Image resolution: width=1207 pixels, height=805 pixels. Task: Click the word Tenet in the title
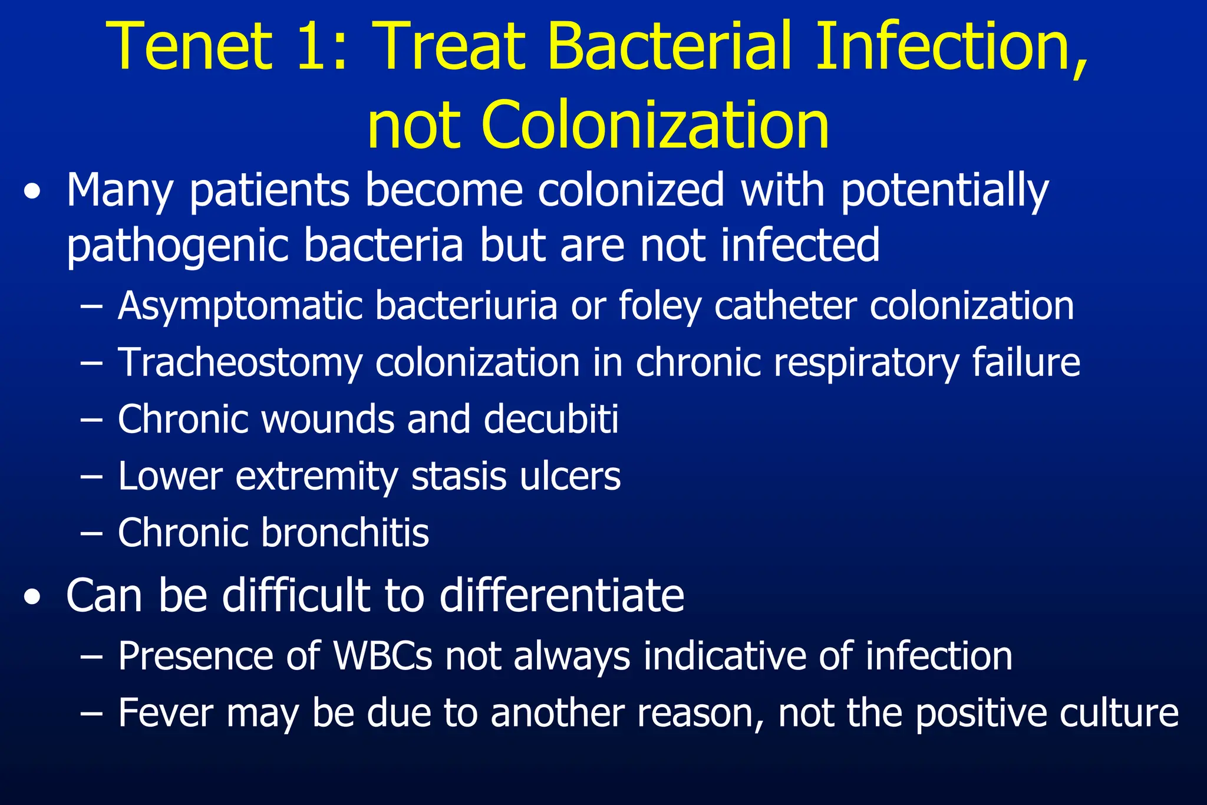(192, 47)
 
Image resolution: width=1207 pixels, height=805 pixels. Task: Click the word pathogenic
(177, 246)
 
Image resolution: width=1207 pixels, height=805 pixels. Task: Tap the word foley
(660, 306)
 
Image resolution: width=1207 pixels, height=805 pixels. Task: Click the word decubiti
(551, 419)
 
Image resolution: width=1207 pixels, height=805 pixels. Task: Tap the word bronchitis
(345, 533)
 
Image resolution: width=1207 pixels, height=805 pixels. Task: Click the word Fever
(166, 713)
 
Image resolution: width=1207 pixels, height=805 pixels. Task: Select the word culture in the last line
(1119, 713)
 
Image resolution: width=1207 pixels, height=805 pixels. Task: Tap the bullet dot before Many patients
(32, 193)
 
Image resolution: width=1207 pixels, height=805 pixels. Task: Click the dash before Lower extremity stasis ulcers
(91, 476)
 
